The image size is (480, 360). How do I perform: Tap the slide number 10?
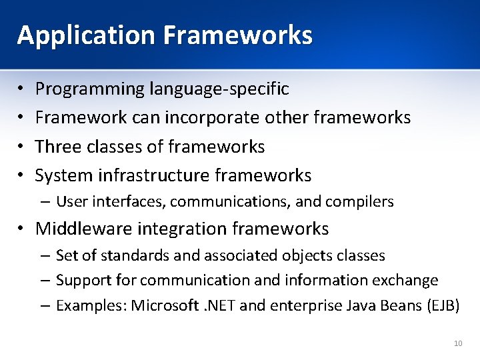click(x=457, y=343)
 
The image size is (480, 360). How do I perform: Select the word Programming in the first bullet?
click(x=90, y=89)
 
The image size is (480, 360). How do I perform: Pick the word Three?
click(x=55, y=147)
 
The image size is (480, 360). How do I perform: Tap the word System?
click(x=64, y=176)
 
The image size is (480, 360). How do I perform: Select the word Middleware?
click(x=78, y=229)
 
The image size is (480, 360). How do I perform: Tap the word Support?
click(x=80, y=281)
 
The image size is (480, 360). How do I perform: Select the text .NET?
click(x=215, y=306)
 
